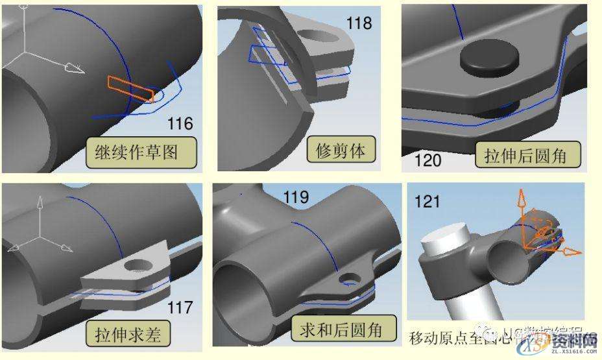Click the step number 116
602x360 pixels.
(x=180, y=123)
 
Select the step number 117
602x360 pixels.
(x=180, y=307)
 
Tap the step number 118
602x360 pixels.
(x=359, y=24)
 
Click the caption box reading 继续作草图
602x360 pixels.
(x=141, y=152)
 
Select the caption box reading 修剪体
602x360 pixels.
(x=341, y=150)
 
